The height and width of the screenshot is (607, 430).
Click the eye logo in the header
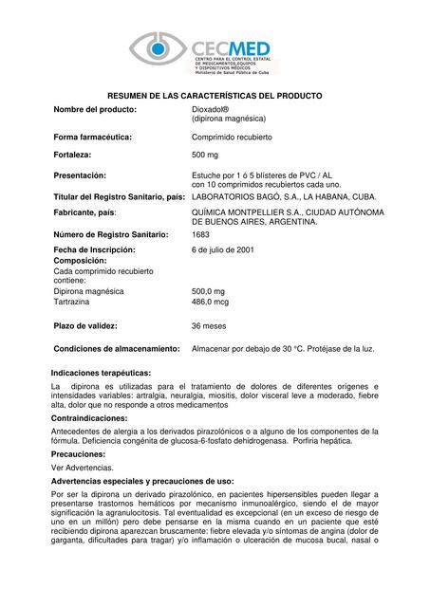(x=159, y=49)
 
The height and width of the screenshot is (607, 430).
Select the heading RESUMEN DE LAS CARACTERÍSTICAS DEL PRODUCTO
(x=215, y=96)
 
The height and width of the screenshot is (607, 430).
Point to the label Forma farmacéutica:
(x=93, y=138)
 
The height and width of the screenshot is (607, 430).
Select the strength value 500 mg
(x=205, y=156)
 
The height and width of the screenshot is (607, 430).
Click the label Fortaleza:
(x=77, y=156)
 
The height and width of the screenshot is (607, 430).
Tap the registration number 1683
(x=200, y=233)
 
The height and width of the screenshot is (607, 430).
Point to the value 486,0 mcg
(x=211, y=302)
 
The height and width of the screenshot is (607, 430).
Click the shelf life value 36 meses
(x=210, y=325)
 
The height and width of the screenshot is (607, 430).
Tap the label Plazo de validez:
(x=91, y=325)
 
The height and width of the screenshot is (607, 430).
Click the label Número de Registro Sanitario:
(x=111, y=233)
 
